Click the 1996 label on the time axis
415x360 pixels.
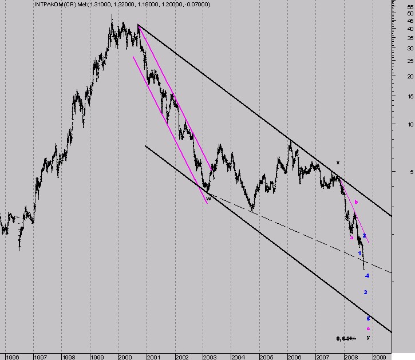[x=13, y=357]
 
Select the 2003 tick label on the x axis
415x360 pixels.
[x=210, y=357]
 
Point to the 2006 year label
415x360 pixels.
[x=294, y=357]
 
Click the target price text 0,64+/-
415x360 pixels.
[x=346, y=339]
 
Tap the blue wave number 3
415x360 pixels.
[x=365, y=292]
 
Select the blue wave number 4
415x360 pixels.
[x=367, y=276]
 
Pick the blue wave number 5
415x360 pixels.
[x=368, y=318]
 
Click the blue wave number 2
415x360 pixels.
[x=364, y=235]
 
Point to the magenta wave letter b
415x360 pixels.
[x=356, y=201]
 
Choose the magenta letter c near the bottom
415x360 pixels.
[x=368, y=328]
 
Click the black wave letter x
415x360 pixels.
[x=338, y=163]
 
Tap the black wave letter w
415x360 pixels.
[x=208, y=198]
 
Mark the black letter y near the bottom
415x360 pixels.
[x=368, y=338]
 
